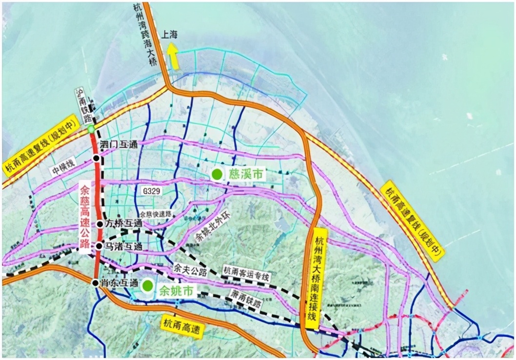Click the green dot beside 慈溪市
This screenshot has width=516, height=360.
click(x=216, y=174)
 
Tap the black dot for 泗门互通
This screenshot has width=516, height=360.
click(x=97, y=158)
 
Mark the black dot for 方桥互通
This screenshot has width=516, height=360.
click(x=99, y=224)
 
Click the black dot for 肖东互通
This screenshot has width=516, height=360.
click(x=96, y=282)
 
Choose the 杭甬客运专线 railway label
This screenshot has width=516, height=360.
click(x=246, y=272)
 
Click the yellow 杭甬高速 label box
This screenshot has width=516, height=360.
click(x=181, y=327)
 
